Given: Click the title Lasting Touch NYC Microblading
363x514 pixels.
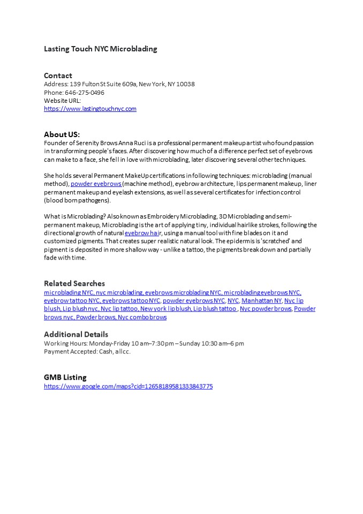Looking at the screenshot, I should click(100, 49).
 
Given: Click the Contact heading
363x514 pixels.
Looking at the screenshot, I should click(58, 75).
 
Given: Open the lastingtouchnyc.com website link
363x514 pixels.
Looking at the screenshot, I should click(90, 109).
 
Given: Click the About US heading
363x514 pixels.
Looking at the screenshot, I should click(62, 134).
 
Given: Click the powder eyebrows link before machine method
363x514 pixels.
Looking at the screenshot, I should click(96, 184).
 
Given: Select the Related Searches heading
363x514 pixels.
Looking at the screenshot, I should click(74, 283).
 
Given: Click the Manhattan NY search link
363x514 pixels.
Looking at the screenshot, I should click(261, 300).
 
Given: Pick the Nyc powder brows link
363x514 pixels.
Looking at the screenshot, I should click(266, 309).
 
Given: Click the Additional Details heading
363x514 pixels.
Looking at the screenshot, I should click(76, 334).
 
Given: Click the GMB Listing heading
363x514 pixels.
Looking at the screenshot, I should click(65, 377).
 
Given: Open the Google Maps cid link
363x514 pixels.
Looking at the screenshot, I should click(128, 386).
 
